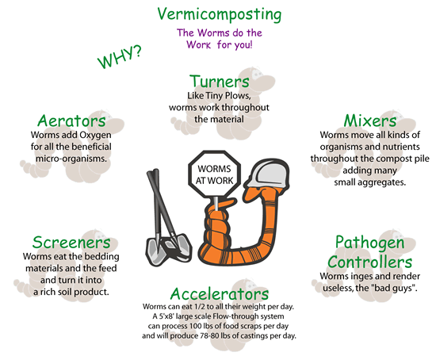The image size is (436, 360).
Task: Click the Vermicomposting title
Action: tap(220, 14)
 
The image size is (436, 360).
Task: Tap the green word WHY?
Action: tap(120, 57)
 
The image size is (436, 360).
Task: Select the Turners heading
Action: tap(220, 82)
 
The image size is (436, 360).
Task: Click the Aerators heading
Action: tap(71, 121)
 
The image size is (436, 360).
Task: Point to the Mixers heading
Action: tap(370, 121)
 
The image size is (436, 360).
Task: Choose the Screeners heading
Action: tap(71, 243)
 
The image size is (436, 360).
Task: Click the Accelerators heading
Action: tap(220, 293)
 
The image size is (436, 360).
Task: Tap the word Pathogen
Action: tap(369, 243)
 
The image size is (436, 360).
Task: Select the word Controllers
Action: tap(369, 262)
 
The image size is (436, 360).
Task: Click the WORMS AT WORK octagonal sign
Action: tap(214, 174)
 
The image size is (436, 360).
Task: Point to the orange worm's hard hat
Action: tap(267, 174)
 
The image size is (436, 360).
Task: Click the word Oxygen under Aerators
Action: tap(95, 136)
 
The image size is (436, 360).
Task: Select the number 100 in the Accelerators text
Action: tap(194, 326)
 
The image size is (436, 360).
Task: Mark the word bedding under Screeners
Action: tap(102, 256)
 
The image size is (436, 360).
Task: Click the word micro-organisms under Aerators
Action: tap(71, 159)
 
